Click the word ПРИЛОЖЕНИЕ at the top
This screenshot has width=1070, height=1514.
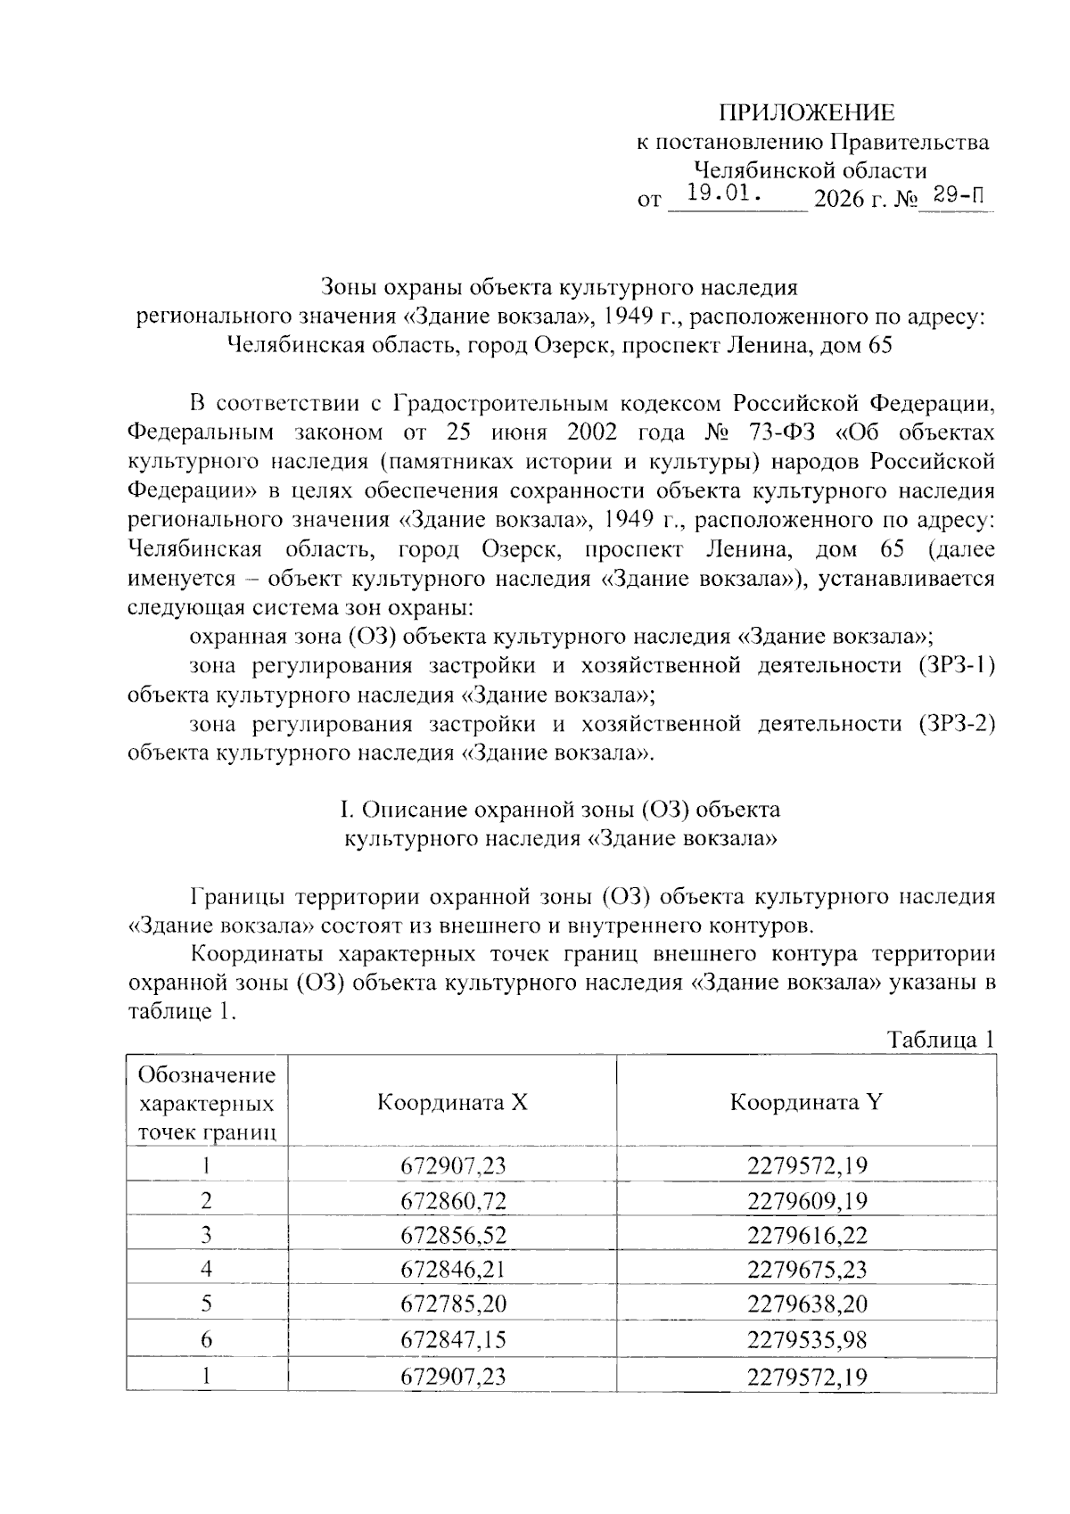pos(806,112)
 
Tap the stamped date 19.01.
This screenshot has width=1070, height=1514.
pos(723,192)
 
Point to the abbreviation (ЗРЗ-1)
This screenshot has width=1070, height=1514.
pos(954,665)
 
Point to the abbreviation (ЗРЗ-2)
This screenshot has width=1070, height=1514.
pos(954,723)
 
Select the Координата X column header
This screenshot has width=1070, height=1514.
pos(452,1102)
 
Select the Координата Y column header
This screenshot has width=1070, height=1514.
pos(806,1102)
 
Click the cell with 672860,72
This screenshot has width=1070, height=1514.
pos(452,1200)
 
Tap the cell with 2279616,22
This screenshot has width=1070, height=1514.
pos(806,1235)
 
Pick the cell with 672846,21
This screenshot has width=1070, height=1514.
pos(452,1270)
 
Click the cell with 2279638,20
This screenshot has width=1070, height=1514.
pos(806,1304)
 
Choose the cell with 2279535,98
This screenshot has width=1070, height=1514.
pos(806,1339)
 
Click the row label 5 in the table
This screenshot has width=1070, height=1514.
pos(206,1304)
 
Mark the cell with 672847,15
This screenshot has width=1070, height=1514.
pos(452,1339)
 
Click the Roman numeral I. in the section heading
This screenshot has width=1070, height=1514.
pos(349,810)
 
